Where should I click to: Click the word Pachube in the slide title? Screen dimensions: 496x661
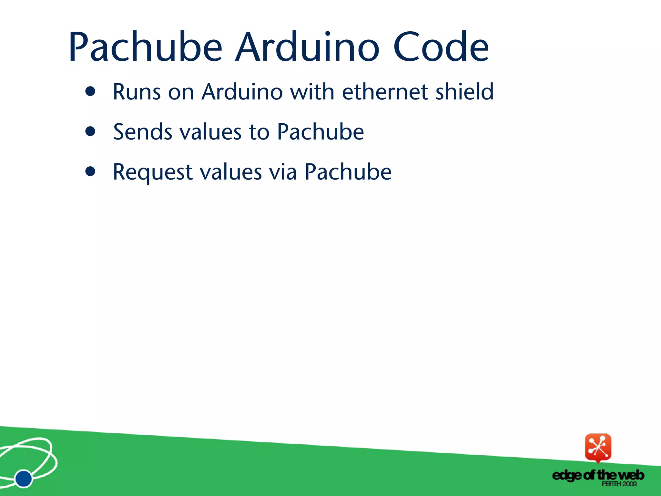coord(145,47)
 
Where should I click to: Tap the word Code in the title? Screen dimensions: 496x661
coord(441,47)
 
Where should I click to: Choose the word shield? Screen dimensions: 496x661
coord(465,92)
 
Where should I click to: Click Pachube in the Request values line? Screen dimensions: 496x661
coord(348,172)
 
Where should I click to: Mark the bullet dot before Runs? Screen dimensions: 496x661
coord(90,91)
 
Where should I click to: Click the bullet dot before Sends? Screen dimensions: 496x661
coord(90,131)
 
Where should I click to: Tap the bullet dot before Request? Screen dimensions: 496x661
coord(90,171)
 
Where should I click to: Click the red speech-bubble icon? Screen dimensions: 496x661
coord(598,448)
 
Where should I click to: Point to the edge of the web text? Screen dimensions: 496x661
coord(598,475)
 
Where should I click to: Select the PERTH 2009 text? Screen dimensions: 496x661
coord(619,484)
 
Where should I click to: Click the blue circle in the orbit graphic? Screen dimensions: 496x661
coord(24,478)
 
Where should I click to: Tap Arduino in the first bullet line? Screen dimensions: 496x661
coord(242,92)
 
